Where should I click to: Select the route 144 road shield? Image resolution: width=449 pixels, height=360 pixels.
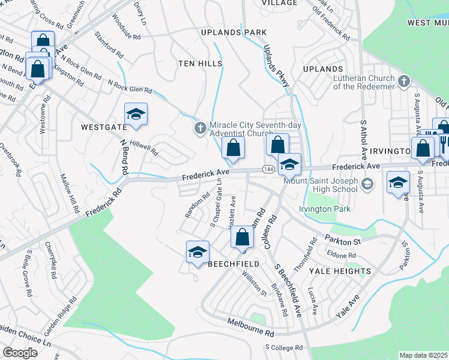coord(269,170)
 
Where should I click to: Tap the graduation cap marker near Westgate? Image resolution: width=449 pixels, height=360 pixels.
coord(136,115)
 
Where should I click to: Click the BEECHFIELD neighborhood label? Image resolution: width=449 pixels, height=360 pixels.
coord(234,264)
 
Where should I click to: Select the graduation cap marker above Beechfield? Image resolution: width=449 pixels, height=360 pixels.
coord(196,252)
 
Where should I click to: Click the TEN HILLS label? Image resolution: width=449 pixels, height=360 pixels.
coord(200,63)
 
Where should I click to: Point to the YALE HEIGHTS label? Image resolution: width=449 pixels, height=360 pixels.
coord(340,271)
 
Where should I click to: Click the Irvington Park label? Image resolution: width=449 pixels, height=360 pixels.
coord(325,209)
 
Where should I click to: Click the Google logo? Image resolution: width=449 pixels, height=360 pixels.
coord(20,352)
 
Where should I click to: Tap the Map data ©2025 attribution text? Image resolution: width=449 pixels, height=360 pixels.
coord(424,355)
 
